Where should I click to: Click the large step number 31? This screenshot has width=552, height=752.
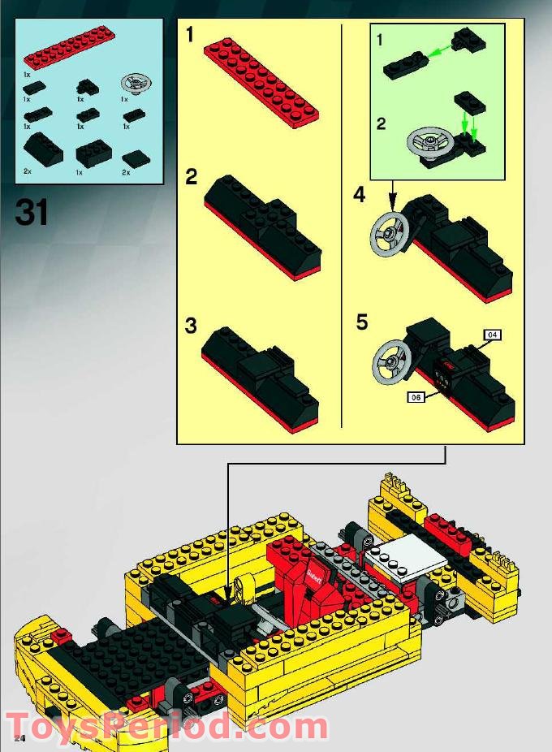(32, 212)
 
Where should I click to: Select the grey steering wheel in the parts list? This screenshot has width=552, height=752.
(136, 84)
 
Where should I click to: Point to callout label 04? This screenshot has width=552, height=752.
(492, 334)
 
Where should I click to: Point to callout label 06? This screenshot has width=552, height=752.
(416, 397)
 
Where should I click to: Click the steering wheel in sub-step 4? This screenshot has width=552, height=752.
(389, 233)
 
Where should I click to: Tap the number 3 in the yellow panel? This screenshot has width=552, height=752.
(191, 326)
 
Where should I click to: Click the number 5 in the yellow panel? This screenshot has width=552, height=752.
(361, 322)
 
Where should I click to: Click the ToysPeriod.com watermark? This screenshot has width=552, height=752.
(166, 724)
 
